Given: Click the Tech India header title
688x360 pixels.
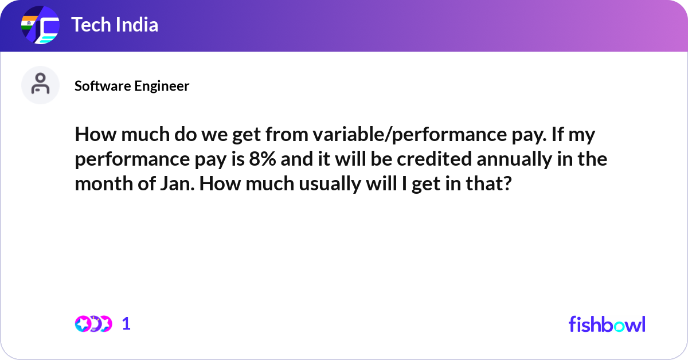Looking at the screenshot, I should pos(115,25).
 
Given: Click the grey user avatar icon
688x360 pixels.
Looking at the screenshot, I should pos(40,85).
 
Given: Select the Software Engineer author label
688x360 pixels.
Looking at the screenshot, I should pos(132,86).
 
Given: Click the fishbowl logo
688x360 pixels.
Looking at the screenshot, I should pos(607,324).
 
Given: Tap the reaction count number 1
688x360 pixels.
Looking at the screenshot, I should pos(126,324).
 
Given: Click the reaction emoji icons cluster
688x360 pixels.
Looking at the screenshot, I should pos(93,324).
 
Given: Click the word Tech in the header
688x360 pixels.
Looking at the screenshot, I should pos(89,25).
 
